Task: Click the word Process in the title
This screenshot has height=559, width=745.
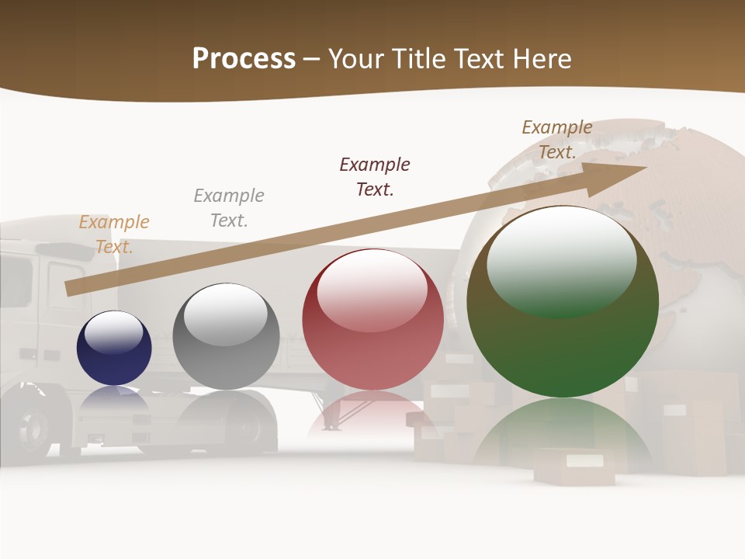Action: click(x=244, y=59)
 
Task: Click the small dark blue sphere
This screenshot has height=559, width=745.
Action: click(x=114, y=348)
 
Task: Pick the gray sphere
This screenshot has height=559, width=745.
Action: click(x=226, y=337)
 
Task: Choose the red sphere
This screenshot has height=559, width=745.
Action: click(x=372, y=320)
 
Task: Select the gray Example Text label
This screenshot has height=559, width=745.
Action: click(x=229, y=208)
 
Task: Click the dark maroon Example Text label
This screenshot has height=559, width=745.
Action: click(x=375, y=176)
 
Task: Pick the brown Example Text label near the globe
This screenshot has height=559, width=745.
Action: click(x=557, y=140)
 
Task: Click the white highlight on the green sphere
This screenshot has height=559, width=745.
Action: click(x=561, y=260)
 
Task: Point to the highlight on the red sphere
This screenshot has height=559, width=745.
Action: click(x=372, y=289)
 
